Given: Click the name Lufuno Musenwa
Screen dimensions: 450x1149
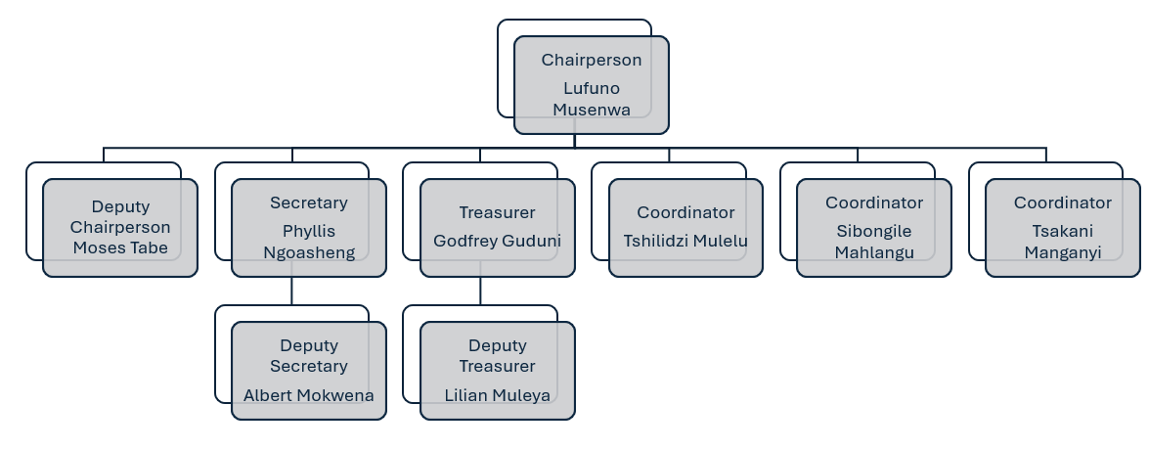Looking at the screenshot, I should click(x=592, y=99).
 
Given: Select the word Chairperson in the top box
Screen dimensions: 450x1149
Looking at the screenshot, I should click(x=592, y=60).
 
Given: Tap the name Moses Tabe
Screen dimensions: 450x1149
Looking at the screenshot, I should click(x=120, y=247).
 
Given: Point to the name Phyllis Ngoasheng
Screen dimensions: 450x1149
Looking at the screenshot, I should click(x=309, y=242).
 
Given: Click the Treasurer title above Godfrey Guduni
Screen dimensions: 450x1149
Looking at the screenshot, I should click(x=498, y=212).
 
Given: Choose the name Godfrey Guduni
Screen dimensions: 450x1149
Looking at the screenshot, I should click(x=498, y=241).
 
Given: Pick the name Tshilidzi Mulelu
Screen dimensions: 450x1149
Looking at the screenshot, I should click(x=685, y=241).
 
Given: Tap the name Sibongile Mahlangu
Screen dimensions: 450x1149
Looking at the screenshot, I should click(x=874, y=242).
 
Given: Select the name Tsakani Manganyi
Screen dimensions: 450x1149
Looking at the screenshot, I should click(x=1063, y=242).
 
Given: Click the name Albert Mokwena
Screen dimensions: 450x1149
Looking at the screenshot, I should click(x=309, y=395).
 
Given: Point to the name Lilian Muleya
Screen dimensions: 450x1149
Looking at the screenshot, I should click(x=498, y=395).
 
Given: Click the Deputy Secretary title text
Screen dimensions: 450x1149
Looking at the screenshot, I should click(x=309, y=356).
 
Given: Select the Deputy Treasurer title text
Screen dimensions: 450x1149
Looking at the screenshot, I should click(x=498, y=356).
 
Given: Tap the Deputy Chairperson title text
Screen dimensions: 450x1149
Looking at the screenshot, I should click(x=120, y=217).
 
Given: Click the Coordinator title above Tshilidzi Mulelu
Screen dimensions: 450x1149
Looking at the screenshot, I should click(x=685, y=212).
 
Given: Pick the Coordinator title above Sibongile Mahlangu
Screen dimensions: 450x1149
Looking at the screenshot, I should click(x=874, y=202).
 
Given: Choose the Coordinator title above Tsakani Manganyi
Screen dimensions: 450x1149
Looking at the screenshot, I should click(x=1063, y=202).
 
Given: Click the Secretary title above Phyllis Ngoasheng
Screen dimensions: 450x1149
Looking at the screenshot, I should click(x=309, y=202).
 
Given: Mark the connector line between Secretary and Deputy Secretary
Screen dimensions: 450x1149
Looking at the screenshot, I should click(x=292, y=291).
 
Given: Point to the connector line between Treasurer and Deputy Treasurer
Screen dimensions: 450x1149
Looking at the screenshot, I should click(x=480, y=291).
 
